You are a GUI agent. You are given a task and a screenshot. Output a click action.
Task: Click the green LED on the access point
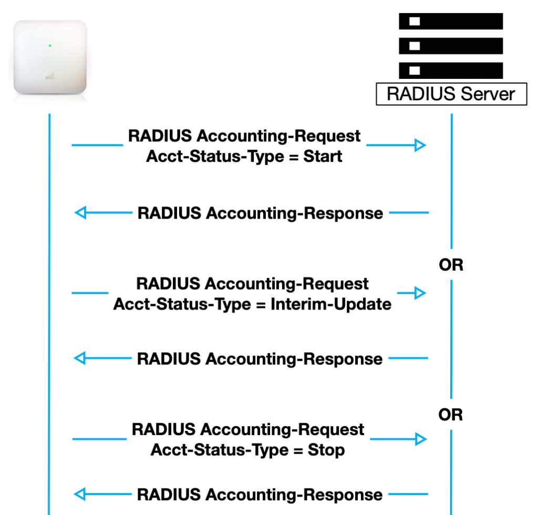click(x=49, y=46)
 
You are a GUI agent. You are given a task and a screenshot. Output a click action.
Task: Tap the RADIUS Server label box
click(x=451, y=94)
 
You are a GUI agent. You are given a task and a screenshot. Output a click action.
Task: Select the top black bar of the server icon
click(x=451, y=22)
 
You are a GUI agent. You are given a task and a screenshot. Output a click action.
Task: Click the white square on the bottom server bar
click(x=415, y=70)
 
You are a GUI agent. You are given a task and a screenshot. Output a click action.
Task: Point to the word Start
click(x=323, y=156)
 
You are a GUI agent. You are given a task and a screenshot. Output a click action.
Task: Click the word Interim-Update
click(x=330, y=304)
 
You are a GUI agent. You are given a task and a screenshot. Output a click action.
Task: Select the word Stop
click(x=326, y=450)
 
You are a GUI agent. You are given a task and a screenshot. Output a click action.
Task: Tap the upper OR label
click(x=451, y=265)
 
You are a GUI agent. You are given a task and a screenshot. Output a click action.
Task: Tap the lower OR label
click(x=451, y=415)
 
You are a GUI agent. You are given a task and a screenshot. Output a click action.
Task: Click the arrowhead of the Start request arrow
click(x=420, y=146)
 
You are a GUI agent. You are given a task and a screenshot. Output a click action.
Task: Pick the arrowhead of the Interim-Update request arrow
click(x=420, y=293)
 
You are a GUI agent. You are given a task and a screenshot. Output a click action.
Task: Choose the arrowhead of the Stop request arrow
click(x=420, y=439)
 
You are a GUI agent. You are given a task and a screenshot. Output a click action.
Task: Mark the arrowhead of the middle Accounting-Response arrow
click(x=80, y=358)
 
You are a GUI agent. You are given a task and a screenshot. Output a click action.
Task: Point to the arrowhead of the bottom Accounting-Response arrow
click(x=80, y=494)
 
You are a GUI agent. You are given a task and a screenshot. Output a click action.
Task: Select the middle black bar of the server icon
click(x=451, y=46)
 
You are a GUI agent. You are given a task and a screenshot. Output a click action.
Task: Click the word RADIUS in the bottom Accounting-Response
click(x=169, y=495)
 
